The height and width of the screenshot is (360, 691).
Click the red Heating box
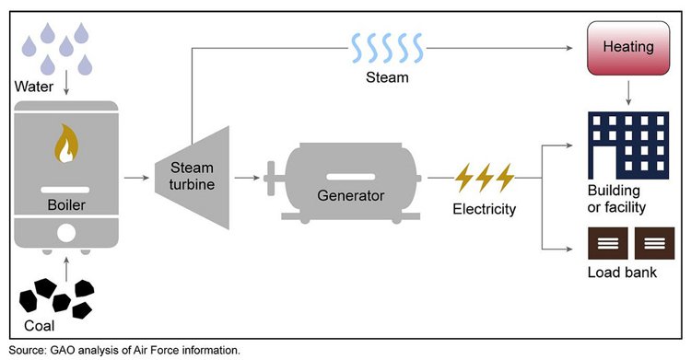(627, 46)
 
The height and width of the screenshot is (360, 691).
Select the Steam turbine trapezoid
(192, 174)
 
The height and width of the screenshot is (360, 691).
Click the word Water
(36, 87)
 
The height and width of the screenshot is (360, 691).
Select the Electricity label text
(485, 209)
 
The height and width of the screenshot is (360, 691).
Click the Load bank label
(621, 273)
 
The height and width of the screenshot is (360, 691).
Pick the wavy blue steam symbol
(385, 46)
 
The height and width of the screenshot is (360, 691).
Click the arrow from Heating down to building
(627, 90)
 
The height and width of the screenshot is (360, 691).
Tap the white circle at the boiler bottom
(64, 234)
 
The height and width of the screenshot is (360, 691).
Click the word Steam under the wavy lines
(386, 78)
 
